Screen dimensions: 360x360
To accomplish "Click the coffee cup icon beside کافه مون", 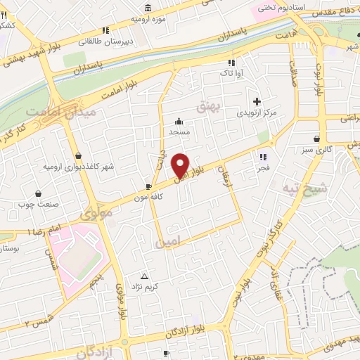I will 148,186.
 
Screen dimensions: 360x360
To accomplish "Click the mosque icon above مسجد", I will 179,120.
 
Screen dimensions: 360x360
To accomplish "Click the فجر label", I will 264,168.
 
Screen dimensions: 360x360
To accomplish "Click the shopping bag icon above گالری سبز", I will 320,139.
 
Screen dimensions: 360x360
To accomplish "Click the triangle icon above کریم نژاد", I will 146,276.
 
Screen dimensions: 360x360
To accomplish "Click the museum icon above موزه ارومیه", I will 148,8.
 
